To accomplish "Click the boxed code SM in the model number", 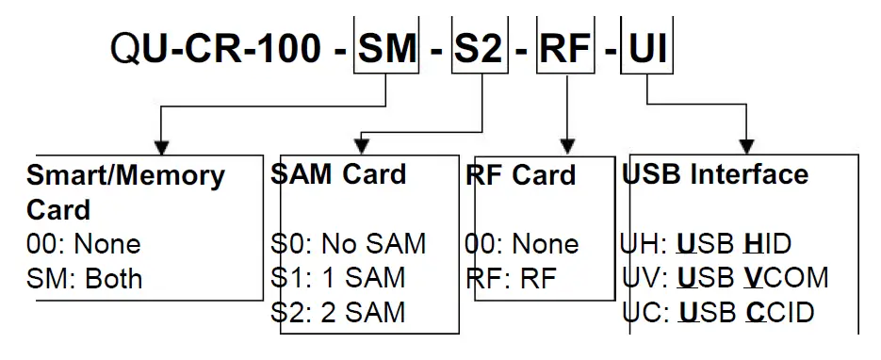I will (x=386, y=47).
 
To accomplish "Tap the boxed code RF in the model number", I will (x=566, y=47).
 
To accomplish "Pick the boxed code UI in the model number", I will (x=646, y=47).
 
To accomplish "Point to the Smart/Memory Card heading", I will (x=126, y=191).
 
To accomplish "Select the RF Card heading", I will (x=520, y=175).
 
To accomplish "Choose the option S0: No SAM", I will (x=348, y=244).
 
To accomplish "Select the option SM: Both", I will (x=85, y=279).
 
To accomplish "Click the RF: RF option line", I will (x=510, y=277).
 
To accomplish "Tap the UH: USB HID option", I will (x=706, y=245).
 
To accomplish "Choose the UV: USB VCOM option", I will (x=725, y=278).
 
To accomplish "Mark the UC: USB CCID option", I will (x=718, y=311).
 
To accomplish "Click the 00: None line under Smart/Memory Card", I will (x=84, y=245).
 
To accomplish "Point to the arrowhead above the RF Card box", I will (x=566, y=146).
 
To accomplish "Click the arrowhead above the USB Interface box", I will (x=746, y=146).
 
